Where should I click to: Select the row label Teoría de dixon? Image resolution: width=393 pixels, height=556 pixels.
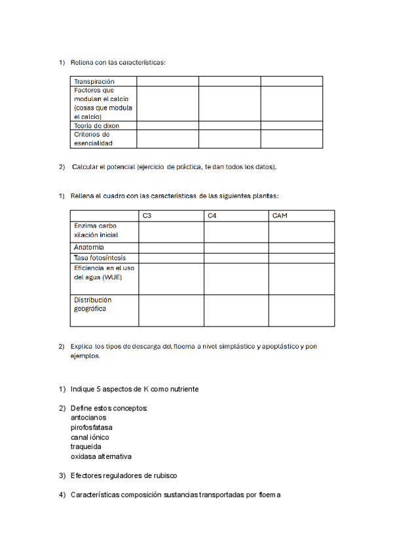click(96, 125)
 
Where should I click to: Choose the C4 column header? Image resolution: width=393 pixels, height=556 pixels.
click(212, 216)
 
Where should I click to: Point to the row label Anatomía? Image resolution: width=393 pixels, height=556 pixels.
click(89, 247)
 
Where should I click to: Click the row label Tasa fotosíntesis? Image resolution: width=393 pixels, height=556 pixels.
click(100, 258)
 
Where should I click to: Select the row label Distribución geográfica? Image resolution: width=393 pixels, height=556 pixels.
click(92, 304)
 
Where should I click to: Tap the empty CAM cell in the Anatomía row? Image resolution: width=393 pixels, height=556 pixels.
click(301, 247)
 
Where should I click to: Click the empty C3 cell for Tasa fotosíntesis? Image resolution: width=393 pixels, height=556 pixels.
click(171, 258)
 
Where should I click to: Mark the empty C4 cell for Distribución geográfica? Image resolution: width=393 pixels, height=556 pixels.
click(236, 310)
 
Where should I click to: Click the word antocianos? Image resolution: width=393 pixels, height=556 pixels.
click(88, 417)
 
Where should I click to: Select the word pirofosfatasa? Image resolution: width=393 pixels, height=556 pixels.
click(91, 427)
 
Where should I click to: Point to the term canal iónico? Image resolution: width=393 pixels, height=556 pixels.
click(90, 437)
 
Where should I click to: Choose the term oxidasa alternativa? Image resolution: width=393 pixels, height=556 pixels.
click(101, 456)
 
